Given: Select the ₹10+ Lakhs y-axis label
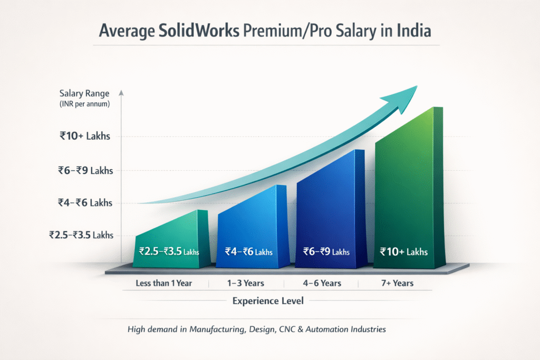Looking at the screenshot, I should pos(84,137).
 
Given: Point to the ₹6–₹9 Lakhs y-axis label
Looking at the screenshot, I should pos(85,170).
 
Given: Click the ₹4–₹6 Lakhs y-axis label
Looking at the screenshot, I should pos(85,203).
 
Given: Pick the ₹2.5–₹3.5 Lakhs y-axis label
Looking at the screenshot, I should pos(81,235).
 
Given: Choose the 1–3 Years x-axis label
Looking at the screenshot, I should pos(246,283).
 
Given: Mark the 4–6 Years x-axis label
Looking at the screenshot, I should pos(322,283).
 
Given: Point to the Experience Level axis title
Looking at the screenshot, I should pos(268,301).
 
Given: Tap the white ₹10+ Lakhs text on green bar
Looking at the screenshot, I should pos(404,251).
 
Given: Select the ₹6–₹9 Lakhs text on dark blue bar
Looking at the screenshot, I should pos(326,251).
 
